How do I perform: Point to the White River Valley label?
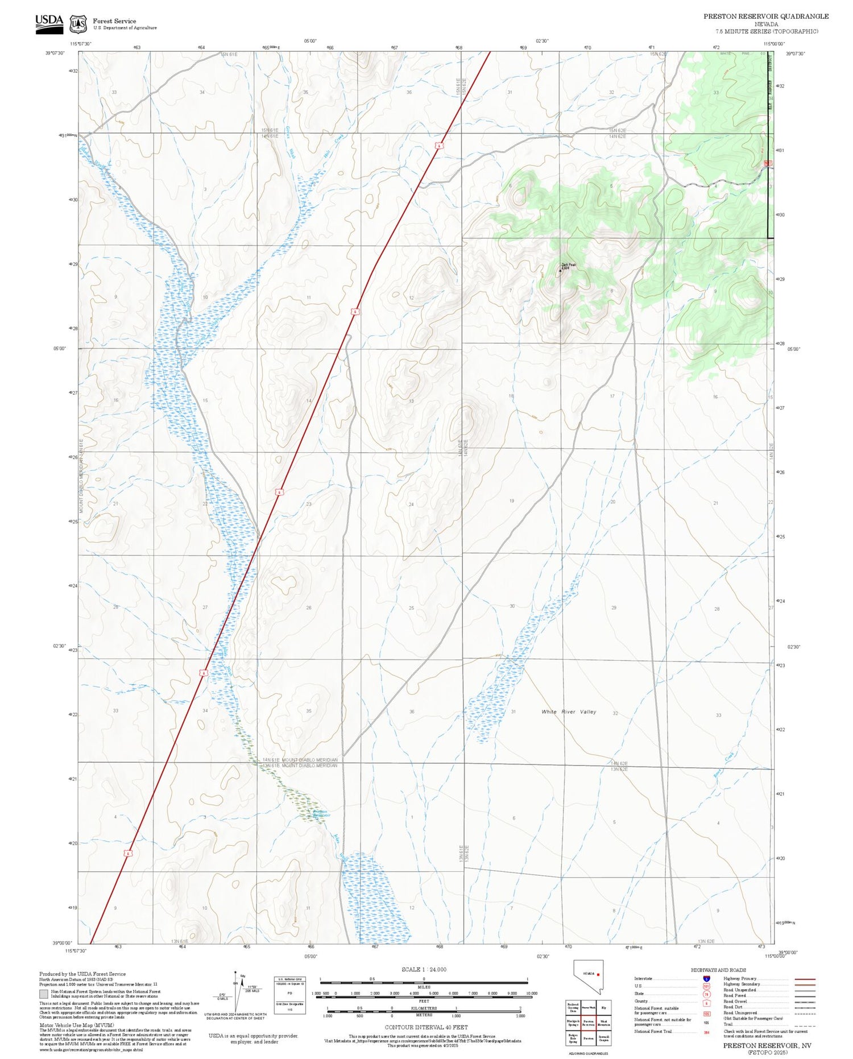(x=569, y=711)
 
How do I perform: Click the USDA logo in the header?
(x=49, y=23)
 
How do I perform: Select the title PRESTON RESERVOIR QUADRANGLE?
(x=765, y=16)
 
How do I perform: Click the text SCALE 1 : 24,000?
(x=424, y=969)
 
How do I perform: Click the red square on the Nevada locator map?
(x=598, y=974)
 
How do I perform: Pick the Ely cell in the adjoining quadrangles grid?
(x=603, y=1007)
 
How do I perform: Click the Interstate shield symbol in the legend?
(x=706, y=979)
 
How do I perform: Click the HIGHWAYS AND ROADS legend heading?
(x=718, y=970)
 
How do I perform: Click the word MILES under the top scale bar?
(x=424, y=987)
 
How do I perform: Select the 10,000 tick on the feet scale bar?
(x=531, y=993)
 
